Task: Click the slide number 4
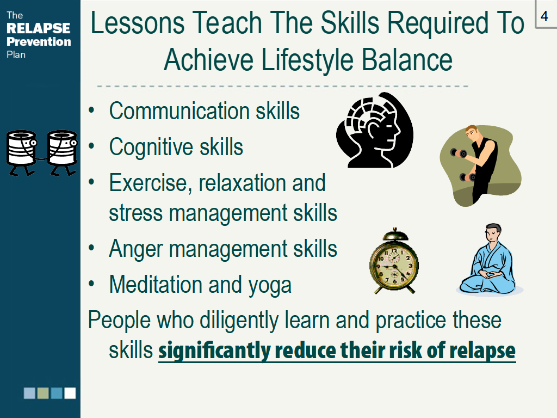pyautogui.click(x=544, y=16)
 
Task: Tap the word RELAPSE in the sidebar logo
pyautogui.click(x=39, y=28)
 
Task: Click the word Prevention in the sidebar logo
pyautogui.click(x=39, y=41)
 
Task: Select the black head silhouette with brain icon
pyautogui.click(x=375, y=130)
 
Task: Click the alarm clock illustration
pyautogui.click(x=394, y=261)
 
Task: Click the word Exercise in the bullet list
pyautogui.click(x=150, y=183)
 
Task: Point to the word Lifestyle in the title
pyautogui.click(x=307, y=60)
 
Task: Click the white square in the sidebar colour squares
pyautogui.click(x=70, y=393)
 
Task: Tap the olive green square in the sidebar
pyautogui.click(x=43, y=393)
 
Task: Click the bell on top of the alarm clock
pyautogui.click(x=394, y=235)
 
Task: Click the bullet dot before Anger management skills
pyautogui.click(x=91, y=248)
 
